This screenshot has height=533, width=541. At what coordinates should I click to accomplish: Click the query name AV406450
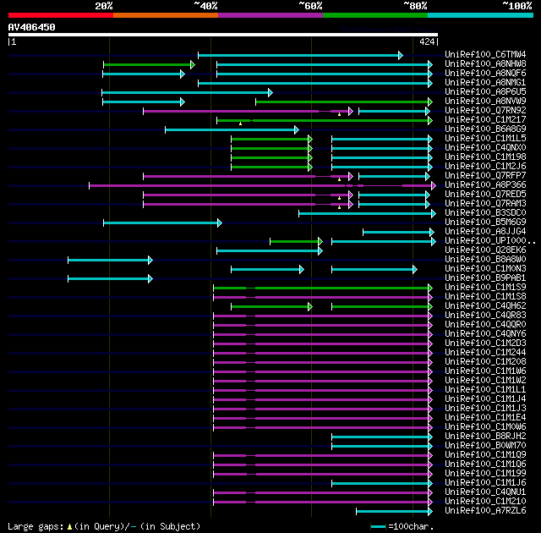[32, 27]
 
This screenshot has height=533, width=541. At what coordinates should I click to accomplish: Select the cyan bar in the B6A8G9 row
[231, 129]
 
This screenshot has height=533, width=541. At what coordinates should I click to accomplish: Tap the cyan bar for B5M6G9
[161, 223]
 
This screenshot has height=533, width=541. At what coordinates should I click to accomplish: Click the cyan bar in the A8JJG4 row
[397, 232]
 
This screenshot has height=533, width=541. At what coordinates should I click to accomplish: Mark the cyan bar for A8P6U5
[187, 92]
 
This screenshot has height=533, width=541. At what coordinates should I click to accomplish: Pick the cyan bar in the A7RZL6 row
[394, 511]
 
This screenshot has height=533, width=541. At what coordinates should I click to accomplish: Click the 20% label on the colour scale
[104, 6]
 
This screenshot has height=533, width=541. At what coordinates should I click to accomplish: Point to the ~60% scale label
[310, 6]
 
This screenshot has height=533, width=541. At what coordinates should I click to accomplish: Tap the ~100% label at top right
[516, 6]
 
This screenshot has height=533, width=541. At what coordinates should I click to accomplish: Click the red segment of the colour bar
[60, 15]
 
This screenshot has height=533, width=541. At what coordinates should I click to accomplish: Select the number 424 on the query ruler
[427, 41]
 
